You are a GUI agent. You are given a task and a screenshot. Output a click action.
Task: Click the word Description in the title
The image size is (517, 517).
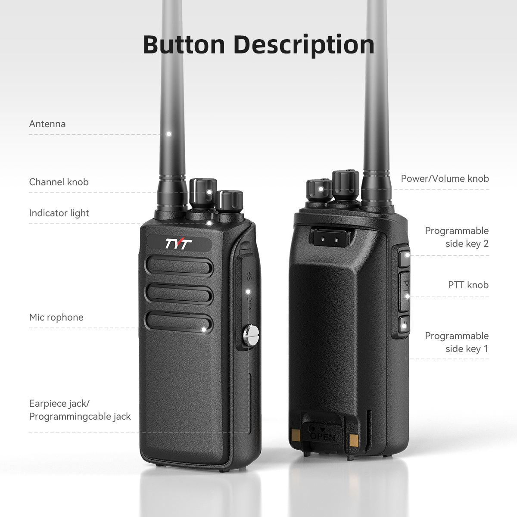pos(304,45)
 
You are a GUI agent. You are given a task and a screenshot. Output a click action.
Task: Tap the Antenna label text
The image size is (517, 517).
pos(47,124)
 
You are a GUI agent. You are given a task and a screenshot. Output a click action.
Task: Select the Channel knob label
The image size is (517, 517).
pos(59,182)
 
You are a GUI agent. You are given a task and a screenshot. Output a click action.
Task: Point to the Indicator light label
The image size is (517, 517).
pos(59,213)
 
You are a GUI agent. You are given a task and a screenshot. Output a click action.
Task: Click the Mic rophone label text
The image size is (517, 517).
pos(56,318)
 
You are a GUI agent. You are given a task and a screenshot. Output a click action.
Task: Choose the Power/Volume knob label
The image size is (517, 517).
pos(445,178)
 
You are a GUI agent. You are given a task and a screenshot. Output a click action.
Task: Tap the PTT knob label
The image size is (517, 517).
pos(468,285)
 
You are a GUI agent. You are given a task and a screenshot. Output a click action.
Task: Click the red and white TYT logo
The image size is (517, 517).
pos(178,244)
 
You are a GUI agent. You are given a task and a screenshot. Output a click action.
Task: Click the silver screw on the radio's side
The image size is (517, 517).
pos(251,335)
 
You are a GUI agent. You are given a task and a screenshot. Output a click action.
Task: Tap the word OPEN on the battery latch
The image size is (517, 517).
pos(322,436)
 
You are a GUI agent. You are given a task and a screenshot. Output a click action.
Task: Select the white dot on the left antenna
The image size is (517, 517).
pos(169,134)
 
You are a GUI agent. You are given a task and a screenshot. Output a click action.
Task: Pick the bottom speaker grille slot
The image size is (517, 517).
pos(179,323)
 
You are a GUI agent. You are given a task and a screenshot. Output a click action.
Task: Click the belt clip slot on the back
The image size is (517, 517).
pos(330,237)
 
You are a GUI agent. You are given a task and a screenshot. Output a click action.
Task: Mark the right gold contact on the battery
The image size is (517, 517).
pos(354,439)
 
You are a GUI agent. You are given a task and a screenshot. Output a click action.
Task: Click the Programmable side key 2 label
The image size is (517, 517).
pos(457,237)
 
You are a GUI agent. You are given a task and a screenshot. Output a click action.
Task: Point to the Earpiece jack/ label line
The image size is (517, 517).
pos(59,404)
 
